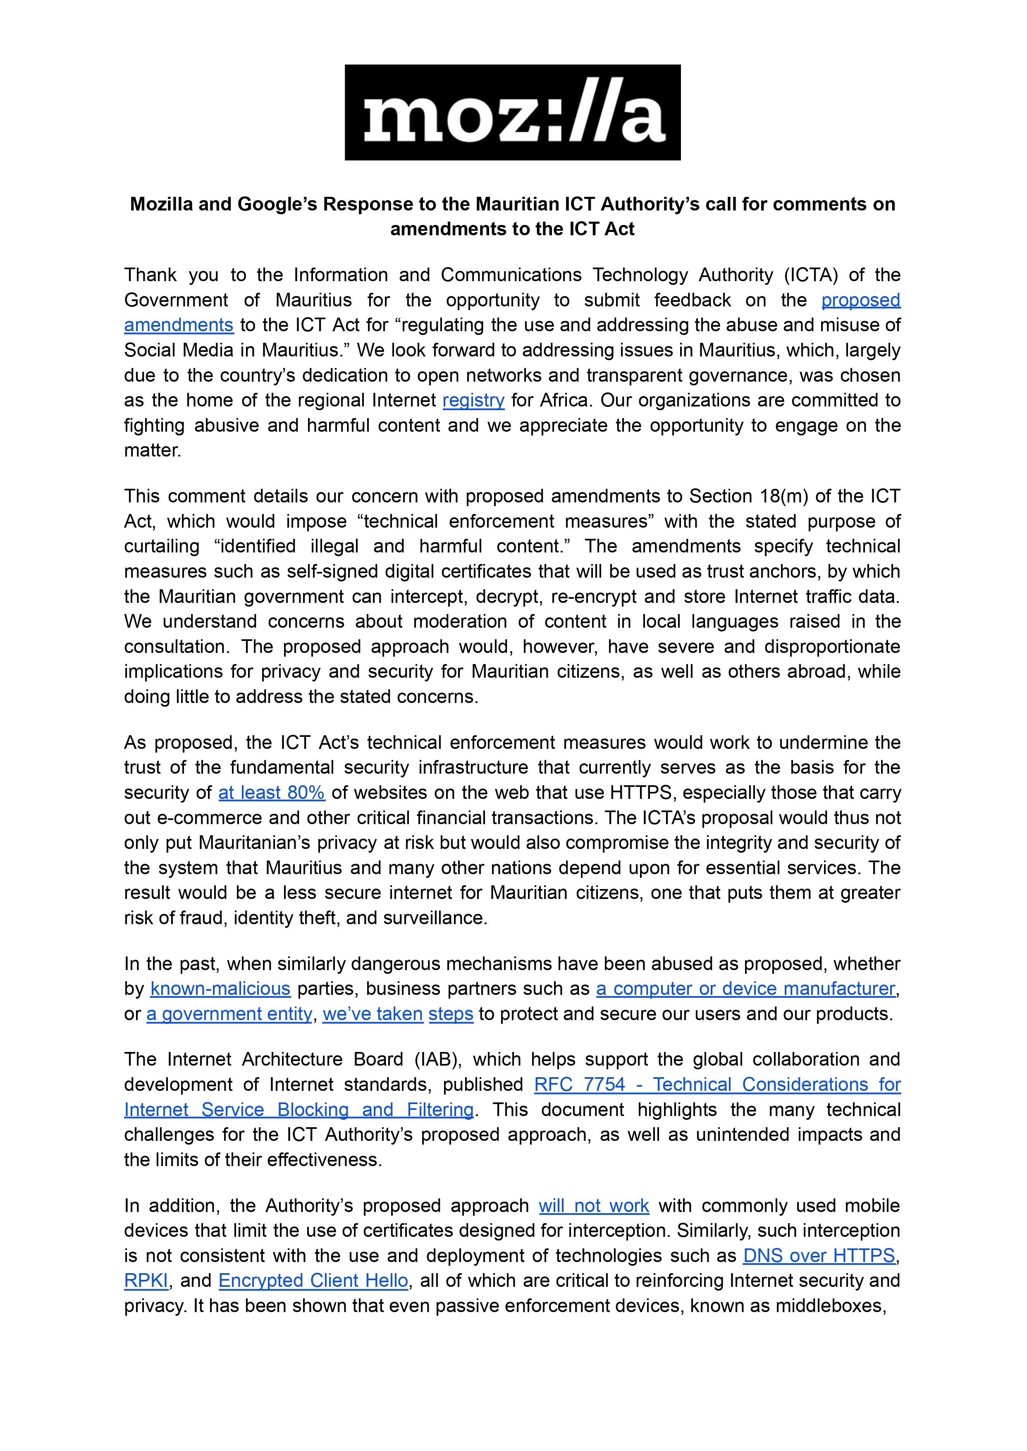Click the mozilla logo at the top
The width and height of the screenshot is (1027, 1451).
pyautogui.click(x=512, y=112)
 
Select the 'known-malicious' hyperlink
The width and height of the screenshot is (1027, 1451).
pyautogui.click(x=220, y=989)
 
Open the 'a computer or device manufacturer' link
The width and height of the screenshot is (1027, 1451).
pyautogui.click(x=745, y=989)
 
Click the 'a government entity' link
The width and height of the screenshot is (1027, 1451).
pyautogui.click(x=229, y=1014)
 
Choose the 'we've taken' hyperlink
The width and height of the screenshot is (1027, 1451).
pyautogui.click(x=373, y=1014)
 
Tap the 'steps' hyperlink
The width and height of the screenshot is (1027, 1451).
pyautogui.click(x=451, y=1014)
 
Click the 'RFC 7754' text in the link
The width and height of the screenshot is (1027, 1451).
pyautogui.click(x=579, y=1085)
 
